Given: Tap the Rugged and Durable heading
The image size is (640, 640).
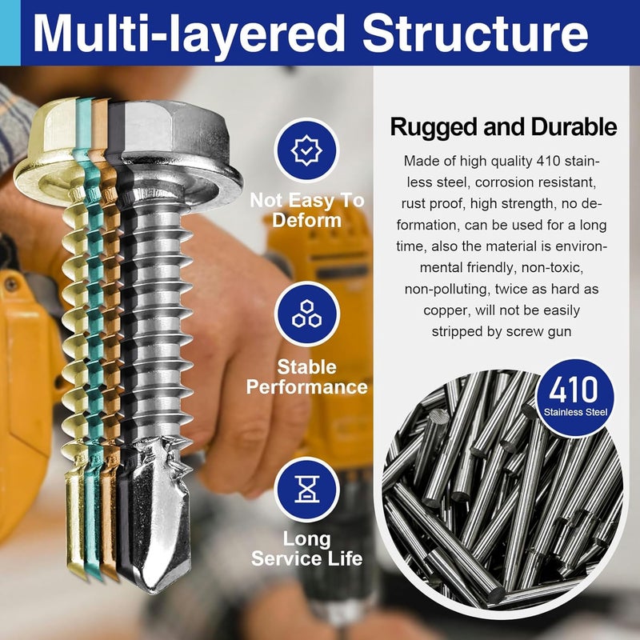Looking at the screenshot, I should pos(503,127).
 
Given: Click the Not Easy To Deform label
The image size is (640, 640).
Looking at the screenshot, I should pos(306,210).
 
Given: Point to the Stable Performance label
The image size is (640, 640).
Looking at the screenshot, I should pos(306,377).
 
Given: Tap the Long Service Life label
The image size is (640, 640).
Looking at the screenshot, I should pos(306,548).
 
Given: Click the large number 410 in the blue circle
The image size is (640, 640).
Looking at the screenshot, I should pos(573,389).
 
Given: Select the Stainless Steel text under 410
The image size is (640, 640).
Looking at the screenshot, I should pos(573,413).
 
